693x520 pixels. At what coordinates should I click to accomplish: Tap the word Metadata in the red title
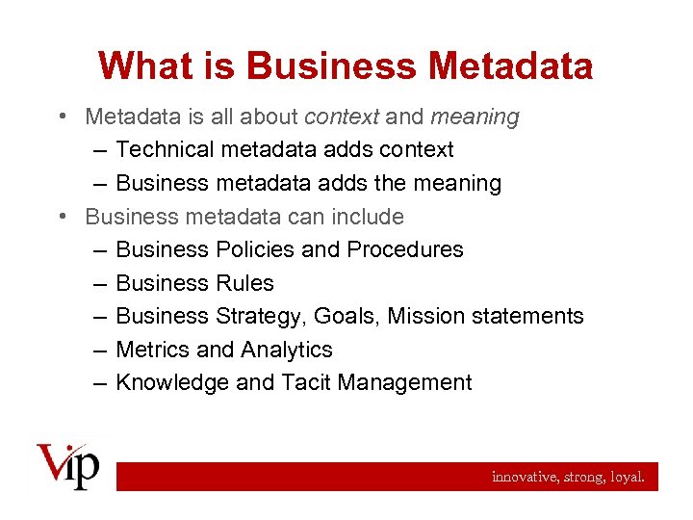coord(511,65)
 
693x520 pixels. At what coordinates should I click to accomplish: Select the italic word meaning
coord(475,117)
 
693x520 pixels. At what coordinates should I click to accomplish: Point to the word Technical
coord(165,150)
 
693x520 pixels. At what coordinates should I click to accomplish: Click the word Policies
coord(255,249)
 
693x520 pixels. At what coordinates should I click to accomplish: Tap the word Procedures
coord(405,249)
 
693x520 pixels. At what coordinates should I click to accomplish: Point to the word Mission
coord(425,316)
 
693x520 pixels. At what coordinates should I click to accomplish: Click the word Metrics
coord(148,350)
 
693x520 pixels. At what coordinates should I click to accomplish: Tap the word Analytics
coord(287,350)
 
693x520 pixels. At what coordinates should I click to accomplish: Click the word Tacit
coord(305,382)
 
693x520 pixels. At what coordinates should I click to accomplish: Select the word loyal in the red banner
coord(629,477)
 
